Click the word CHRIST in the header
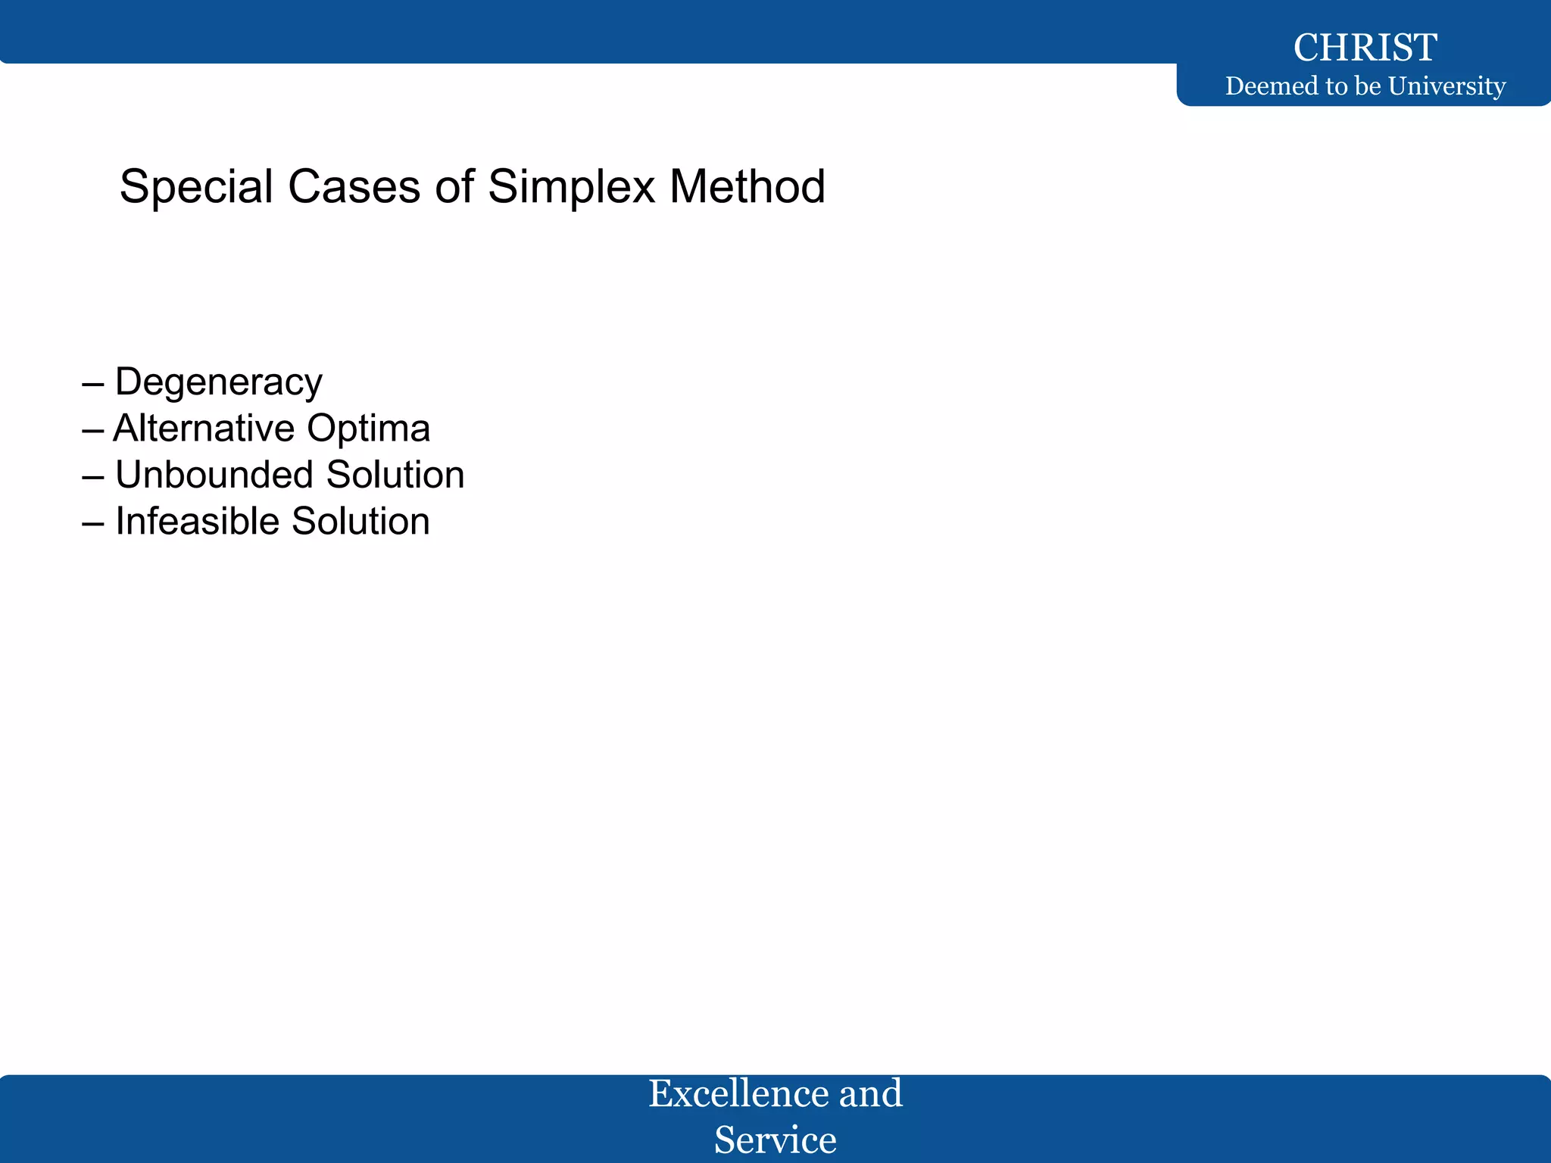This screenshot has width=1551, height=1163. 1365,48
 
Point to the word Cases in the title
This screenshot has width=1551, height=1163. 354,187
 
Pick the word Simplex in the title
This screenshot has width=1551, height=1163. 571,187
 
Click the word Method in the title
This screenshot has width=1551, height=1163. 747,187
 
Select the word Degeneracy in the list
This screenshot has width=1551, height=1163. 219,382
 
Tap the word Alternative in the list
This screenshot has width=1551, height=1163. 204,429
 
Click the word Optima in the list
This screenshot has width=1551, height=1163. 369,429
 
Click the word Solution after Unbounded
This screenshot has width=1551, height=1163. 395,475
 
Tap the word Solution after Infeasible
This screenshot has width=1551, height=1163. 360,522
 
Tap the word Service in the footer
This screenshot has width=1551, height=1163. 775,1140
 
